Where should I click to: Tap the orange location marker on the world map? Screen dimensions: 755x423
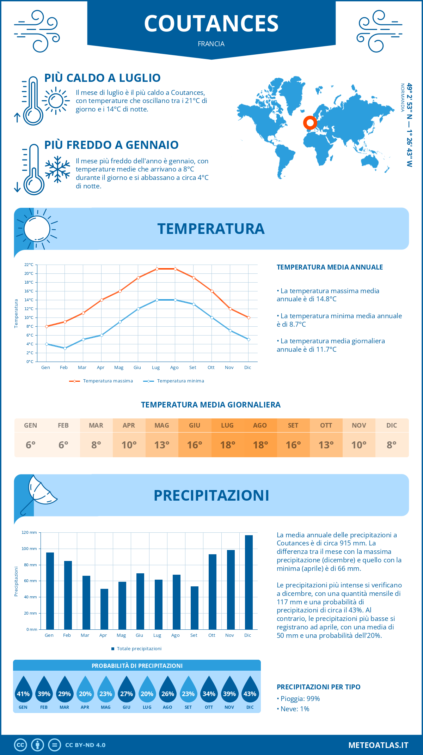pyautogui.click(x=310, y=123)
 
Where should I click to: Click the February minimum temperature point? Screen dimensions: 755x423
pyautogui.click(x=65, y=348)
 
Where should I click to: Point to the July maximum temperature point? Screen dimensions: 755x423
pyautogui.click(x=157, y=269)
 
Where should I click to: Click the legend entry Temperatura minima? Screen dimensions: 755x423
pyautogui.click(x=174, y=381)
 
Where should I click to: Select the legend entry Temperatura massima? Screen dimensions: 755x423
pyautogui.click(x=101, y=381)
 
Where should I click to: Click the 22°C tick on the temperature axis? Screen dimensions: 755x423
pyautogui.click(x=29, y=265)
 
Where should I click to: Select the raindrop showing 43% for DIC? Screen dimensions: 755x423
pyautogui.click(x=250, y=690)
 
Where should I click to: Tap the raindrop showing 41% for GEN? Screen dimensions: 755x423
pyautogui.click(x=23, y=690)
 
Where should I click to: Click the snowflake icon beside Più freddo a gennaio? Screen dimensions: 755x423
pyautogui.click(x=57, y=169)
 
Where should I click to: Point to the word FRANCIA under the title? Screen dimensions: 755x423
pyautogui.click(x=211, y=44)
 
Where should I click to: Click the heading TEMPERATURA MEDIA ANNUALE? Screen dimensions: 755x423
pyautogui.click(x=330, y=267)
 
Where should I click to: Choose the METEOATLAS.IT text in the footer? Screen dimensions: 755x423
pyautogui.click(x=378, y=745)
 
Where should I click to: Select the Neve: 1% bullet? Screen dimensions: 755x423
pyautogui.click(x=293, y=709)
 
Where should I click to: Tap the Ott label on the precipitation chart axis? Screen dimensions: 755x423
pyautogui.click(x=211, y=635)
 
